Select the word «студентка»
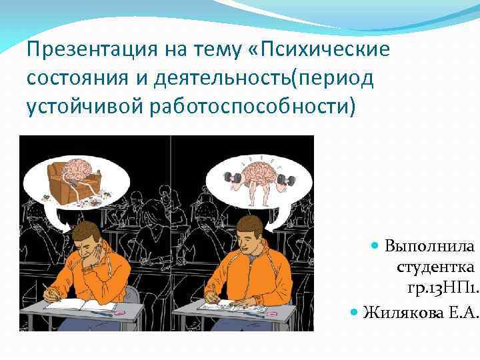coord(434,267)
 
